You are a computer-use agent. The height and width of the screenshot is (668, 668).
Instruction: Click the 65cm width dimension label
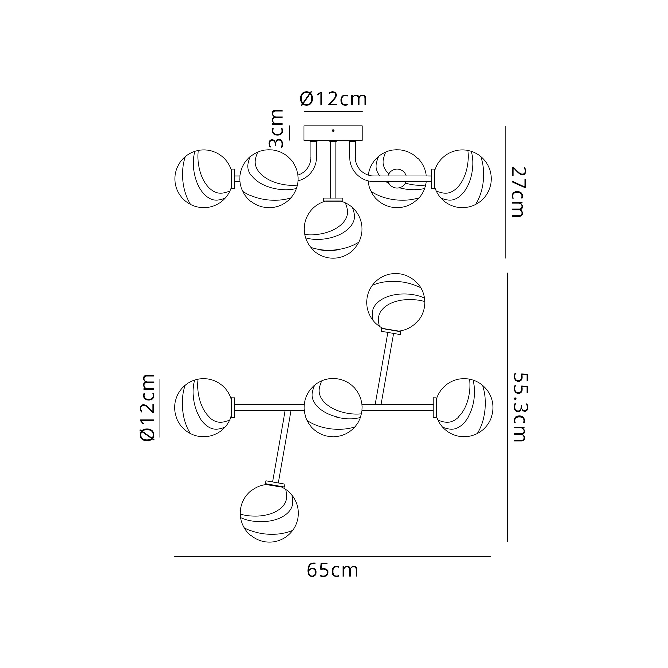click(x=333, y=571)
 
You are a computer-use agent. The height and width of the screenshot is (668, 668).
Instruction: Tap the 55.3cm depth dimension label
click(x=519, y=407)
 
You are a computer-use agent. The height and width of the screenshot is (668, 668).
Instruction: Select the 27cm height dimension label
click(x=518, y=192)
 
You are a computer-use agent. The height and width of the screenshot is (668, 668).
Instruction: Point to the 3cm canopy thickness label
click(x=276, y=128)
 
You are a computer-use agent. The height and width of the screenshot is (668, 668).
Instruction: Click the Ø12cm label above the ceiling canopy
click(x=333, y=99)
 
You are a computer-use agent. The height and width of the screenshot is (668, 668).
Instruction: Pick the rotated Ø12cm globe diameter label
click(x=147, y=407)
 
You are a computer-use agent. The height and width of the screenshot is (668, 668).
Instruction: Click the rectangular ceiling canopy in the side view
click(x=333, y=133)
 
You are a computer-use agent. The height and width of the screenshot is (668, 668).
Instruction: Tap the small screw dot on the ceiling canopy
click(x=333, y=131)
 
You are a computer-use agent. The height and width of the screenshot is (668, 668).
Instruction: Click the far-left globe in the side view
click(x=204, y=179)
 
